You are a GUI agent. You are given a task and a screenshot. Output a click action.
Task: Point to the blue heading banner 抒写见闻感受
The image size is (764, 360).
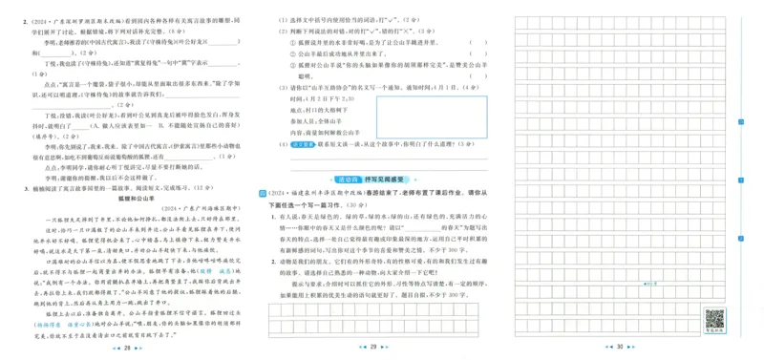click(374, 178)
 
